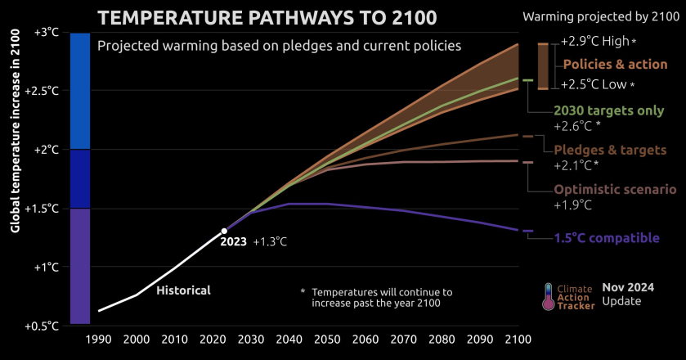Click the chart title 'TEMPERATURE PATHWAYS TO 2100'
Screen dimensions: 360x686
(x=267, y=17)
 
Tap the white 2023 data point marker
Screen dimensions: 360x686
(x=224, y=231)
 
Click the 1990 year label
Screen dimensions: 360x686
(x=99, y=339)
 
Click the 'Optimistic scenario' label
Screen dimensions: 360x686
(x=615, y=189)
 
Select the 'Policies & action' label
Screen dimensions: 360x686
(x=615, y=64)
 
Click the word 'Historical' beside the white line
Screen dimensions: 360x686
(x=183, y=290)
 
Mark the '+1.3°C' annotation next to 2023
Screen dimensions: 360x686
(x=271, y=241)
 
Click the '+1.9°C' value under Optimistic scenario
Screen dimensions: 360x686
(x=572, y=205)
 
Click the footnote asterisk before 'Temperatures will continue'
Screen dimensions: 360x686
(x=303, y=291)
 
